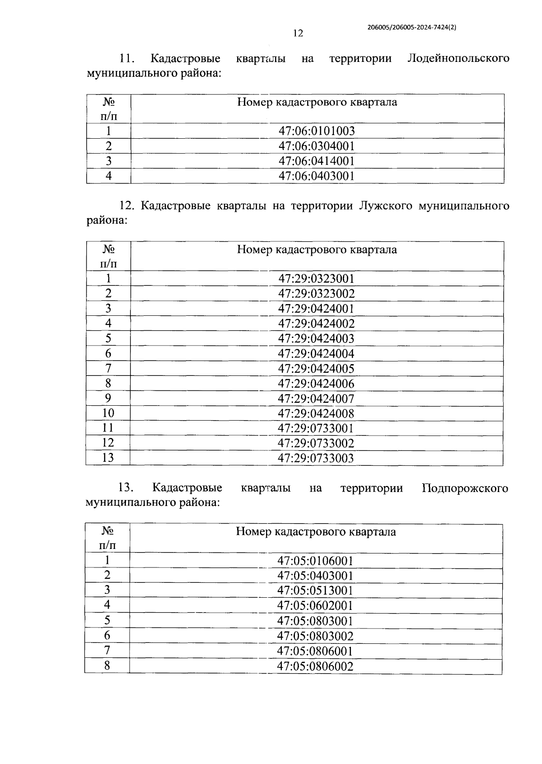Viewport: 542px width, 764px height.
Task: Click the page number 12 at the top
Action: (x=298, y=33)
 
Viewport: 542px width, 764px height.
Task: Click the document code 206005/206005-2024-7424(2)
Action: (x=411, y=27)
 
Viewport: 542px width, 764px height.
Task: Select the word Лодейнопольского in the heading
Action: (x=458, y=59)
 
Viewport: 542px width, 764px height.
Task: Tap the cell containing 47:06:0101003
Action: (x=317, y=131)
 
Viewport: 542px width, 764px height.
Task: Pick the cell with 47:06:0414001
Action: (x=317, y=161)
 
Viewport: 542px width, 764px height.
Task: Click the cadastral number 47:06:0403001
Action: (x=317, y=176)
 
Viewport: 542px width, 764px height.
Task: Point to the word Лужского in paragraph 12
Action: (x=386, y=206)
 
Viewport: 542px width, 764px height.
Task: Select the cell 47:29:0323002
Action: (x=316, y=294)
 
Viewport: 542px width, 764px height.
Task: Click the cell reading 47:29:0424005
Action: (x=316, y=369)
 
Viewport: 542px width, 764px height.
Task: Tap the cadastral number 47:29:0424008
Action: (x=316, y=413)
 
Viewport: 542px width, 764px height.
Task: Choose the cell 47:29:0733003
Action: (x=316, y=458)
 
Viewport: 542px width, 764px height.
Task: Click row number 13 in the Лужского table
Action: (x=108, y=458)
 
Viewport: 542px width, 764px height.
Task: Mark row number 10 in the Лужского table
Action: (x=108, y=413)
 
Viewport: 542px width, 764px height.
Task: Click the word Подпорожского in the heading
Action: (x=465, y=488)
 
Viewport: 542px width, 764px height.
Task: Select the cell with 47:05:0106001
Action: (x=315, y=561)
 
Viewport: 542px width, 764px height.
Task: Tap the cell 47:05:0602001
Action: (x=315, y=606)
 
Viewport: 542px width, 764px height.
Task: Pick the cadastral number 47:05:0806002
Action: (x=315, y=666)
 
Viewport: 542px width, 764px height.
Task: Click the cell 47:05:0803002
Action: (x=315, y=636)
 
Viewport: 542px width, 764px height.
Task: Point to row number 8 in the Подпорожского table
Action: (x=107, y=666)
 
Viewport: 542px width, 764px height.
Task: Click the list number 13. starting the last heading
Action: (x=125, y=488)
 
